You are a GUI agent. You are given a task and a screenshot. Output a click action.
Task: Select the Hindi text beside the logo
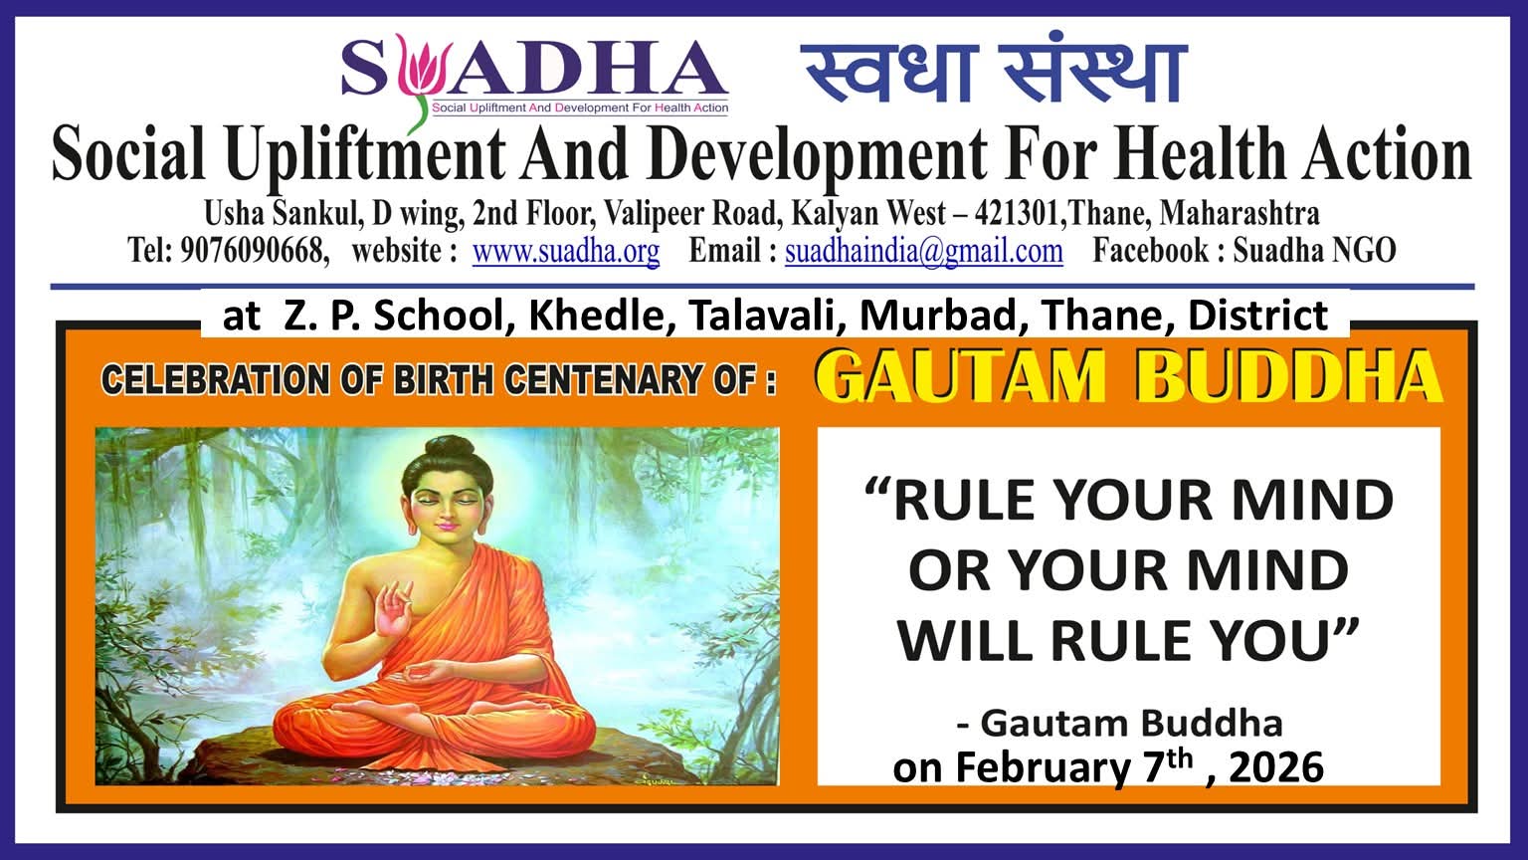click(x=994, y=72)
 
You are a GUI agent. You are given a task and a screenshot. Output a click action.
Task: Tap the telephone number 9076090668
click(x=254, y=251)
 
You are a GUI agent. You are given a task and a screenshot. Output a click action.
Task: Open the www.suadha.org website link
click(x=565, y=251)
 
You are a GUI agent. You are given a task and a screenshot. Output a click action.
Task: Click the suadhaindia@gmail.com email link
click(x=923, y=251)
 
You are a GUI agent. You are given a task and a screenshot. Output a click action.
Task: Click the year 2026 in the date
click(x=1276, y=767)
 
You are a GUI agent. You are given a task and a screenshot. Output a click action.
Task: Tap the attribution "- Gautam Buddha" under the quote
click(x=1119, y=722)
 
